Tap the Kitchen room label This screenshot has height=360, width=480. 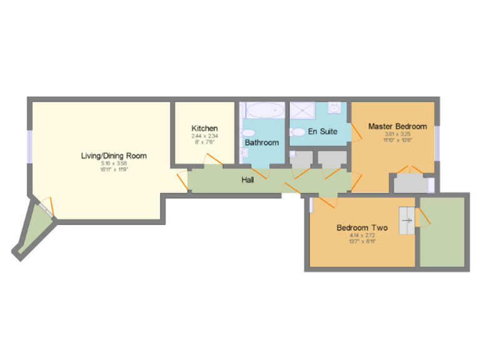point(204,129)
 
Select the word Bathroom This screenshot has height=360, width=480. point(261,142)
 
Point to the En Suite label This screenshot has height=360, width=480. point(322,132)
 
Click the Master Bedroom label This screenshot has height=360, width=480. point(397,126)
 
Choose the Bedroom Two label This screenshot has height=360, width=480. point(362,228)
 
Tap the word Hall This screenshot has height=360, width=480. point(248,180)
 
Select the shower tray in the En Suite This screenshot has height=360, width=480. point(304,111)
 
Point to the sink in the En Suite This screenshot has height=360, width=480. point(335,108)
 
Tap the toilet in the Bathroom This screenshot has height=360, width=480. point(247,133)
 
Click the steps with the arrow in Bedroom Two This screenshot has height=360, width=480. point(406,220)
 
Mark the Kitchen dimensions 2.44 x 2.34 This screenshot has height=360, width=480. point(204,136)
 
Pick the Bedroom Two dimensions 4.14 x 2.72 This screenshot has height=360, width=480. point(362,236)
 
